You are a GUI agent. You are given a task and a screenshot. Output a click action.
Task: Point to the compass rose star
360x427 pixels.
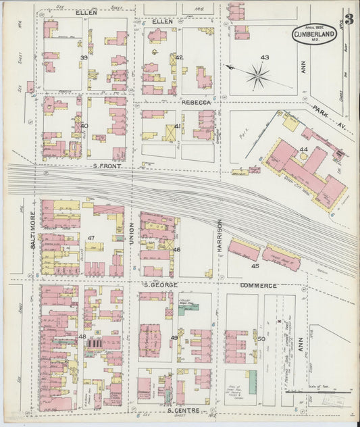tap(257, 76)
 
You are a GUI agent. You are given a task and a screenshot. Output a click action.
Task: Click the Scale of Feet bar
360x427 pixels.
tap(327, 391)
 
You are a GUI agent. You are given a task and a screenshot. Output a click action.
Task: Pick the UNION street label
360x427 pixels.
tap(132, 233)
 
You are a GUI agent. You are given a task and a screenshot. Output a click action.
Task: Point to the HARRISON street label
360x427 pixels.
tap(220, 238)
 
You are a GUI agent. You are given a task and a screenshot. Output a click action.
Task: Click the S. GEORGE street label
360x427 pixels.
tap(159, 285)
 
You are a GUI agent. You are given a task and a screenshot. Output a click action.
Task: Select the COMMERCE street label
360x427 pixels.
tap(259, 286)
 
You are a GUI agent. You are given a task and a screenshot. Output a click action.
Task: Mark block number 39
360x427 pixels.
tap(84, 58)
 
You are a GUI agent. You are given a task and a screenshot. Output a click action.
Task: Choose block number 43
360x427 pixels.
tap(264, 57)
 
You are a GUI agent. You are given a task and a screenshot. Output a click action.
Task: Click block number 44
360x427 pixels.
tap(304, 149)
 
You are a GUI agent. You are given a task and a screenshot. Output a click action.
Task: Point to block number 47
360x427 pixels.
tap(91, 238)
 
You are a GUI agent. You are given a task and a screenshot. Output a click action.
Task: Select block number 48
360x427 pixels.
tap(82, 336)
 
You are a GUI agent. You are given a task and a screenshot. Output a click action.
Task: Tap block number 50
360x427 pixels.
tap(261, 338)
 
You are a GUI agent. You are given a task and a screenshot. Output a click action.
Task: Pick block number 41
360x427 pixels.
tap(177, 126)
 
